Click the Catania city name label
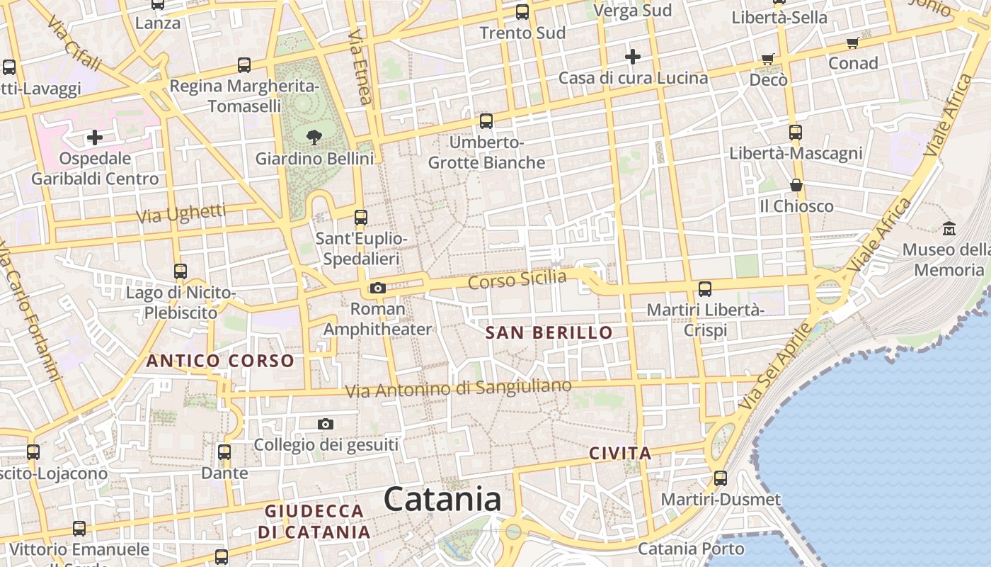(x=442, y=499)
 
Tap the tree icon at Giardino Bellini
(x=314, y=137)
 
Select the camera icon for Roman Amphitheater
(x=377, y=288)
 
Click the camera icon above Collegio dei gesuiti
(x=326, y=424)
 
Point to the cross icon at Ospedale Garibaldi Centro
(x=94, y=137)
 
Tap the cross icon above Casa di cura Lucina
(x=633, y=56)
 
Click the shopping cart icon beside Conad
(x=853, y=43)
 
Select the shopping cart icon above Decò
(x=768, y=59)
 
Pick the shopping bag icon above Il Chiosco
(x=796, y=185)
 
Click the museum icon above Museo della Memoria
(x=949, y=228)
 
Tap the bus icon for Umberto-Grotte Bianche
(x=486, y=120)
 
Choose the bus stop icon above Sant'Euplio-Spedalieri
(x=361, y=217)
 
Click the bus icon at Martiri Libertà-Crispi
(x=705, y=288)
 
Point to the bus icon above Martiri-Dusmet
(x=721, y=478)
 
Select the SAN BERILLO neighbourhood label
(x=549, y=332)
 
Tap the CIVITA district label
(x=620, y=454)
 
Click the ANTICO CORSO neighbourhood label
(x=220, y=361)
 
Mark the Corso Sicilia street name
(x=517, y=279)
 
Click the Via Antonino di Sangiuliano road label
(x=458, y=388)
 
